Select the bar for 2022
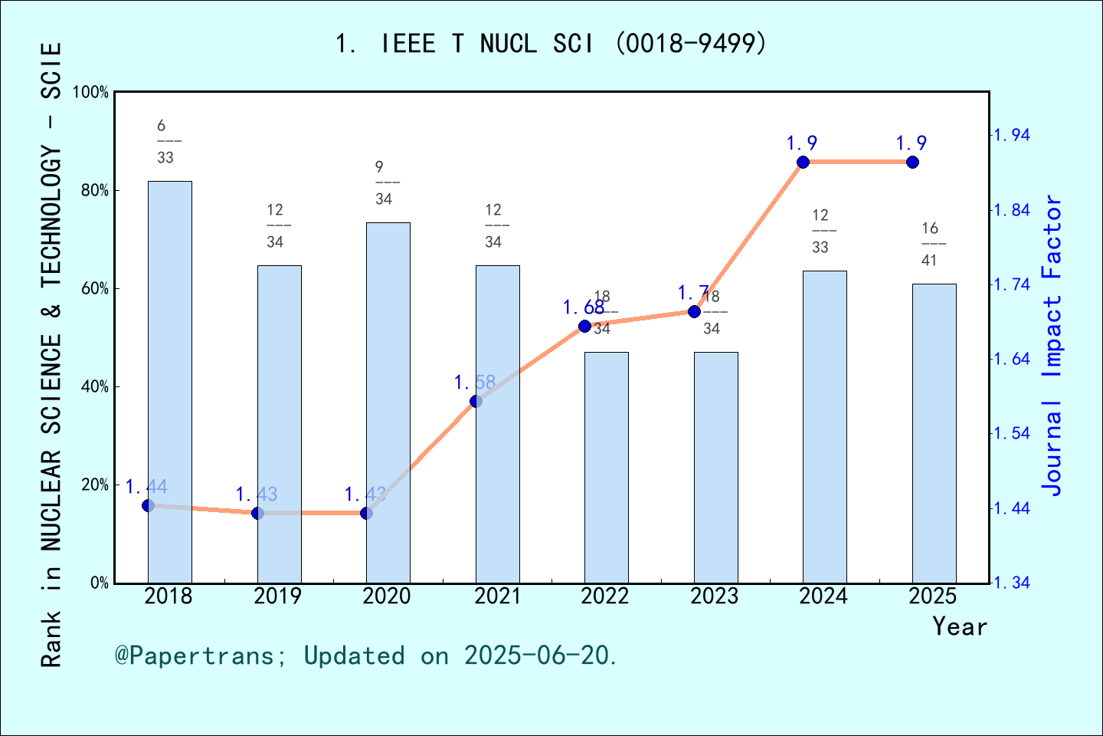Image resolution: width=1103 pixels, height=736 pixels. tap(606, 467)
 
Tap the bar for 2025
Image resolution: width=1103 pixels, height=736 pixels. tap(934, 433)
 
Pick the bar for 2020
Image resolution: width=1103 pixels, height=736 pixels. tap(388, 402)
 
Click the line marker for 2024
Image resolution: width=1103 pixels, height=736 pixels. tap(803, 162)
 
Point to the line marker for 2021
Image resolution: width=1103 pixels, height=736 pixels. tap(476, 401)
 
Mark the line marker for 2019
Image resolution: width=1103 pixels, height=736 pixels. tap(257, 513)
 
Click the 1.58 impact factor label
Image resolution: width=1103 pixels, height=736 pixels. tap(475, 382)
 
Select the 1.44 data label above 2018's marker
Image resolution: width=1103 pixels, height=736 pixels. tap(146, 487)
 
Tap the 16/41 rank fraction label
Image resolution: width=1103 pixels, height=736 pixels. tap(929, 244)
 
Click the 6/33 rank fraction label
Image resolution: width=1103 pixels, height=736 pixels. tap(165, 141)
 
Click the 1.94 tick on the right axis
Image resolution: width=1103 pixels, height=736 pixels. tap(1012, 136)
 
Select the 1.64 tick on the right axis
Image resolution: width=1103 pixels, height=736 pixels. tap(1012, 360)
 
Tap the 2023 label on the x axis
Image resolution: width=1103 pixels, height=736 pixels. tap(714, 596)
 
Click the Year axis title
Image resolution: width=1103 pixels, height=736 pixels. tap(960, 627)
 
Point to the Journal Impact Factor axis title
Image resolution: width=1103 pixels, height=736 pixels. tap(1052, 345)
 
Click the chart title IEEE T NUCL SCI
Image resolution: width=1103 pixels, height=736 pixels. tap(551, 44)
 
